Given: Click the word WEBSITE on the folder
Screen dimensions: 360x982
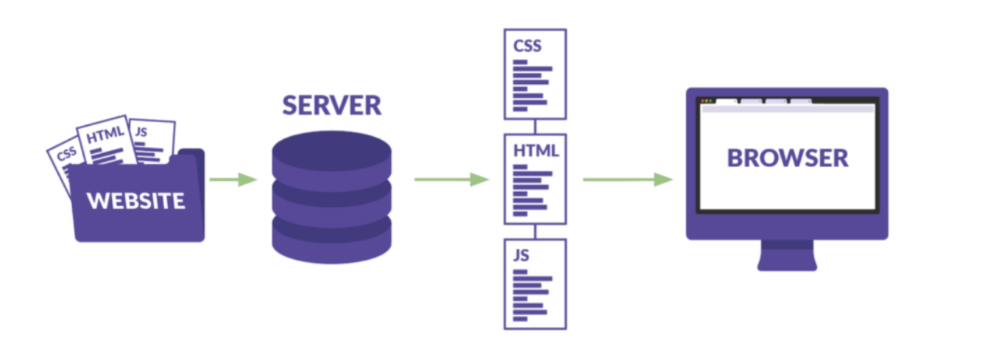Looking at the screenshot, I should point(136,200).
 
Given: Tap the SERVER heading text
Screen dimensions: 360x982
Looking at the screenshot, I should point(332,105).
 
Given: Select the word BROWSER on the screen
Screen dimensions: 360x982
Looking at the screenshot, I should point(788,158).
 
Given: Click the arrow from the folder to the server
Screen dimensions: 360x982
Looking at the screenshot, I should point(233,180).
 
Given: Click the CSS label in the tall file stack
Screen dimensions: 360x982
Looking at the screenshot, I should point(528,46).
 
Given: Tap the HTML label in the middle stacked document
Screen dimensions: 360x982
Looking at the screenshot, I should point(536,151).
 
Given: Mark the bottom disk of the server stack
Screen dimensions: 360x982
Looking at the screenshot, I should point(331,243).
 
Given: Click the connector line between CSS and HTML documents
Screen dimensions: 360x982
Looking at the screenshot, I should point(535,127).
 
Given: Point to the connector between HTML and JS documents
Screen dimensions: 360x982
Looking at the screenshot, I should point(535,231).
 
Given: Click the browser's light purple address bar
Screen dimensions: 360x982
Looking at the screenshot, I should point(787,109).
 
